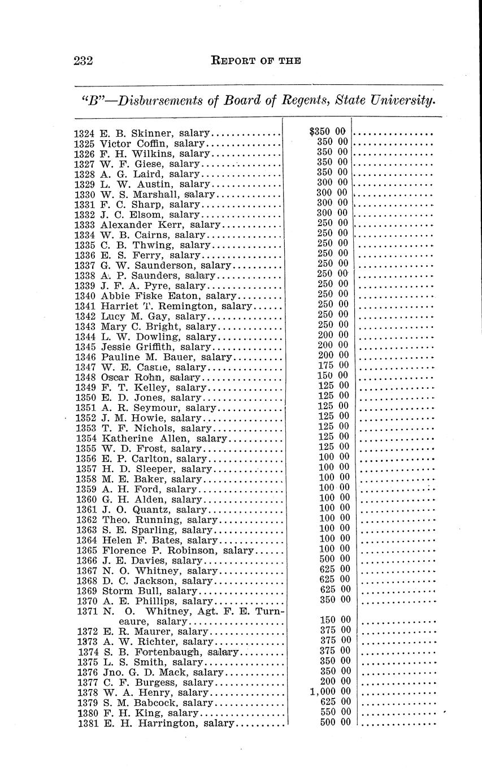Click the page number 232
coord(83,60)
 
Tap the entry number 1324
coord(85,134)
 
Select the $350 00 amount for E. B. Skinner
coord(328,132)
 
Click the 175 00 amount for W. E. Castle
coord(333,365)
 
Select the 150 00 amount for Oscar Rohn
coord(333,375)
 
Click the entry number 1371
coord(87,612)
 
